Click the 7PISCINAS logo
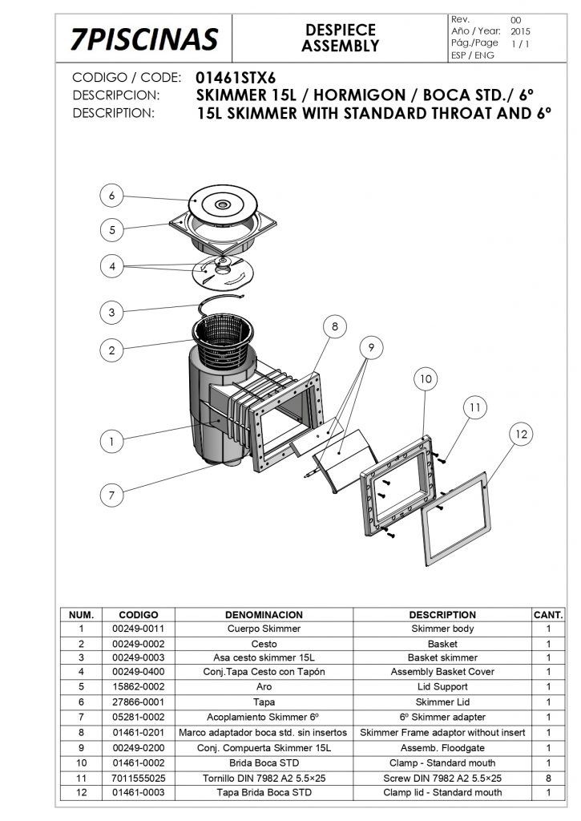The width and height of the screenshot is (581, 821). click(x=144, y=38)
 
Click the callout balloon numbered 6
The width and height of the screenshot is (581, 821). click(x=111, y=196)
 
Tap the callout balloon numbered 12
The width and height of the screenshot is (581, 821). click(x=522, y=434)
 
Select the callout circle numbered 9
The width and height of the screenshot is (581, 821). click(x=371, y=348)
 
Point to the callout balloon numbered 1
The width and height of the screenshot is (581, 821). click(x=111, y=442)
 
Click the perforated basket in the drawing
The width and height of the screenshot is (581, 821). click(x=223, y=339)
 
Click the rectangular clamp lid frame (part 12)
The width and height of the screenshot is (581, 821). click(x=456, y=519)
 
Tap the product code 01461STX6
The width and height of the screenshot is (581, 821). click(x=236, y=78)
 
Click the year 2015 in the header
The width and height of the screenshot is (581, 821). click(x=520, y=31)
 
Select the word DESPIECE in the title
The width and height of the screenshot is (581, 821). click(x=341, y=30)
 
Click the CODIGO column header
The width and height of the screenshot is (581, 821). click(x=138, y=615)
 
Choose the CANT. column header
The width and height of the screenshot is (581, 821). click(x=548, y=615)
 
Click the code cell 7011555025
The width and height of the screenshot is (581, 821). click(x=138, y=778)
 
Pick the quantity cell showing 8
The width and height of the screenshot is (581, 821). click(x=548, y=778)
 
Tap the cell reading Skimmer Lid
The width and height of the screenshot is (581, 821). click(x=442, y=702)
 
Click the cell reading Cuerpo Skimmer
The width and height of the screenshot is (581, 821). click(x=264, y=629)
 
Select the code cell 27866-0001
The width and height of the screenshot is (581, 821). click(x=138, y=702)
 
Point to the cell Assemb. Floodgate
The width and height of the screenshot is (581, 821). click(x=442, y=748)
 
